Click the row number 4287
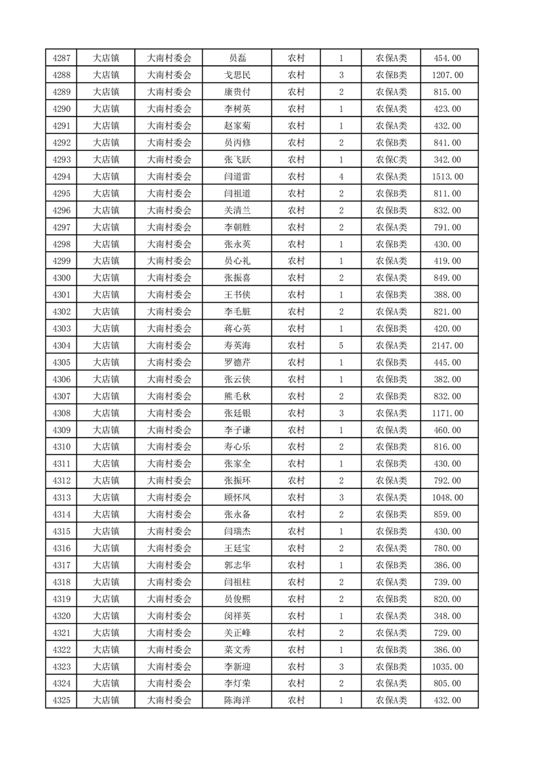click(x=61, y=58)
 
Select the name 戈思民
click(x=237, y=75)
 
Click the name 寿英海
click(x=237, y=345)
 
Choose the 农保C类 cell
click(x=391, y=160)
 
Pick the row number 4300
click(x=61, y=278)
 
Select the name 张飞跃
click(x=237, y=160)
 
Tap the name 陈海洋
click(x=237, y=700)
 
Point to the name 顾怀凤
click(x=237, y=497)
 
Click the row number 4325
click(x=61, y=700)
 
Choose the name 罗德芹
click(x=237, y=362)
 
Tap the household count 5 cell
click(x=341, y=345)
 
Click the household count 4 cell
click(x=341, y=177)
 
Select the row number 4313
click(x=61, y=497)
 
